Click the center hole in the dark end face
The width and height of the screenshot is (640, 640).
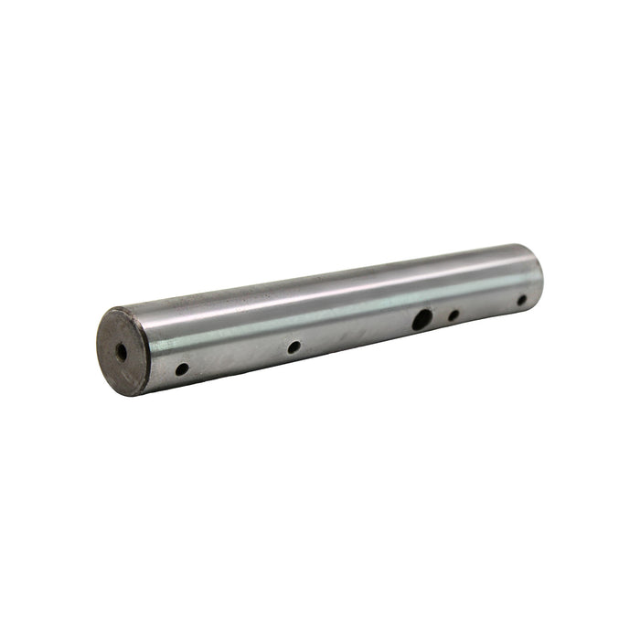click(121, 351)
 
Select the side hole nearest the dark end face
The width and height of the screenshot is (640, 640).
click(182, 369)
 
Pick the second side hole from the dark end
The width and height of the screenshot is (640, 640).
click(293, 347)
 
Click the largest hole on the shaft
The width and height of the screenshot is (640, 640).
click(421, 320)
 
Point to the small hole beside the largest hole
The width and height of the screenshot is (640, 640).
click(453, 315)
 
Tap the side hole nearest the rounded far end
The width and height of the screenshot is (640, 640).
click(522, 300)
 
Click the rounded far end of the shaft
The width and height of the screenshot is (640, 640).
click(538, 274)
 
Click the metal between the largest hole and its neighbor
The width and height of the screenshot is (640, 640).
click(439, 318)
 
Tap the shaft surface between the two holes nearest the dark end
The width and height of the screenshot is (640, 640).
click(238, 358)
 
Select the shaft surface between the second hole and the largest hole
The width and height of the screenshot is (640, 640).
click(357, 334)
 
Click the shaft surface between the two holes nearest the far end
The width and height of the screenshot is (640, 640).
click(488, 308)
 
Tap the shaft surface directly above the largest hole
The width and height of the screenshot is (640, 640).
click(419, 293)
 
